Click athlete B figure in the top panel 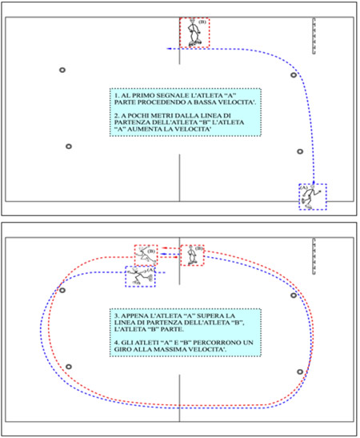194,32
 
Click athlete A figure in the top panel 310,197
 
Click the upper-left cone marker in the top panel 62,70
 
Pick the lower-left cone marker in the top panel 69,147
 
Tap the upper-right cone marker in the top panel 294,74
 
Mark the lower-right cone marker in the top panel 300,151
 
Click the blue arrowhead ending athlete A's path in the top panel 169,49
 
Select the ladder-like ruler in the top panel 314,36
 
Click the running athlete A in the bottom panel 140,276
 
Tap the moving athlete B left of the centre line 146,255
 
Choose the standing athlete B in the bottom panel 191,255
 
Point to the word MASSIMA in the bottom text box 172,349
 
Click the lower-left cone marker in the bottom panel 69,367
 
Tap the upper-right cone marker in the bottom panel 294,295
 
